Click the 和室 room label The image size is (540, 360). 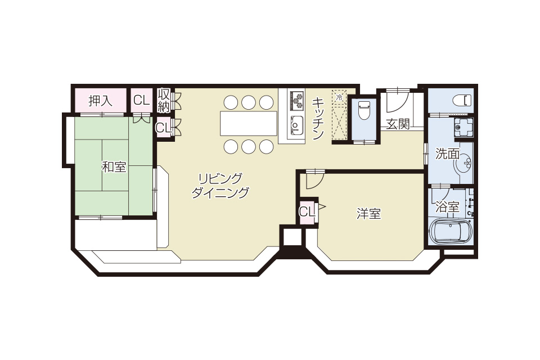tap(114, 167)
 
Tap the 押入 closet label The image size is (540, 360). tap(101, 100)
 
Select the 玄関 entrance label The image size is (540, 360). tap(398, 124)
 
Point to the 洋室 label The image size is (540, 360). tap(368, 214)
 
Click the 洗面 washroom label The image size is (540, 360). tap(447, 154)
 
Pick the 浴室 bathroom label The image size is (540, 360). tap(447, 207)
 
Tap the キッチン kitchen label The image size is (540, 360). tap(317, 118)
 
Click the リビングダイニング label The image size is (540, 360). tap(220, 186)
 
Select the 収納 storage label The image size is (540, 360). tap(164, 100)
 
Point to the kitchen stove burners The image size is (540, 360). tap(297, 100)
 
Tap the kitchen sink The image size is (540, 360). tap(296, 126)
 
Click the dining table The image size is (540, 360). tap(248, 123)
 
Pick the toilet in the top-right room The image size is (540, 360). tap(462, 100)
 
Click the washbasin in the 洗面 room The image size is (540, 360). tap(465, 163)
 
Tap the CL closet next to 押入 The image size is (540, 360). tap(142, 100)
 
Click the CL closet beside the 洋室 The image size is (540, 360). tap(307, 211)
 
